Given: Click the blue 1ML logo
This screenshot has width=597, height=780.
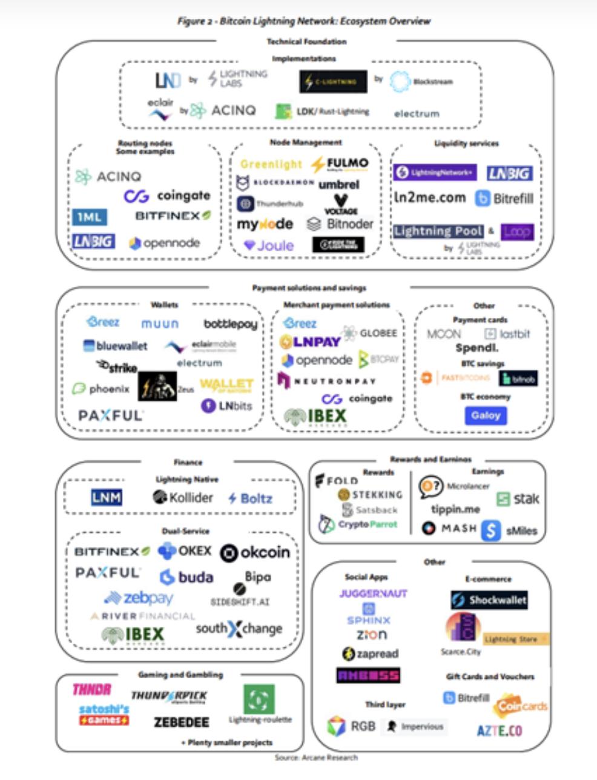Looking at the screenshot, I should [90, 217].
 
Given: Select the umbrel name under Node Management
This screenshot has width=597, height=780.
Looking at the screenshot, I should [338, 184].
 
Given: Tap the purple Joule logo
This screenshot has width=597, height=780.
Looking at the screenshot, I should [269, 245].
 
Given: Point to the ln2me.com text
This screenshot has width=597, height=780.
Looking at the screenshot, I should [430, 197].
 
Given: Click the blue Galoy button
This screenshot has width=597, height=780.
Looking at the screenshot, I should [486, 415].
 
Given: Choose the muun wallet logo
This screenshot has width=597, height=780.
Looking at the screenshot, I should [160, 324].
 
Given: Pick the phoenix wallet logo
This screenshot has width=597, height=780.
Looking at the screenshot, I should [101, 389].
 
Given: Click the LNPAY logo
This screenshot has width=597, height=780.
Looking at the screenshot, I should [310, 342].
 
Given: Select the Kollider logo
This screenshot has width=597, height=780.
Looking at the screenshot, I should [183, 498].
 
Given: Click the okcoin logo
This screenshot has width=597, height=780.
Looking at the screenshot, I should [255, 552].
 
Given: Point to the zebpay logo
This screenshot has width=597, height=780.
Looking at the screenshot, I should [139, 598].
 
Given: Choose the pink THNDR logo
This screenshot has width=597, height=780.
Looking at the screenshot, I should [92, 690].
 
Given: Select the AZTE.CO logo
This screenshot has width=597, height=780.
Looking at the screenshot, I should [499, 730].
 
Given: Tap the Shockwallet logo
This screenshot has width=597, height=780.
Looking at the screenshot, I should [489, 600].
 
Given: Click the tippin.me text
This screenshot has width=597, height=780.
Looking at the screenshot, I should [455, 509].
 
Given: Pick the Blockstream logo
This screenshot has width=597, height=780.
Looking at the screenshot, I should [422, 82].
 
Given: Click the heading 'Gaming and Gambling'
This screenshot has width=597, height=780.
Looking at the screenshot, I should [180, 675].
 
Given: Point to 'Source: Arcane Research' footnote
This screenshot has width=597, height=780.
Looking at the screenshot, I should [315, 757].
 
